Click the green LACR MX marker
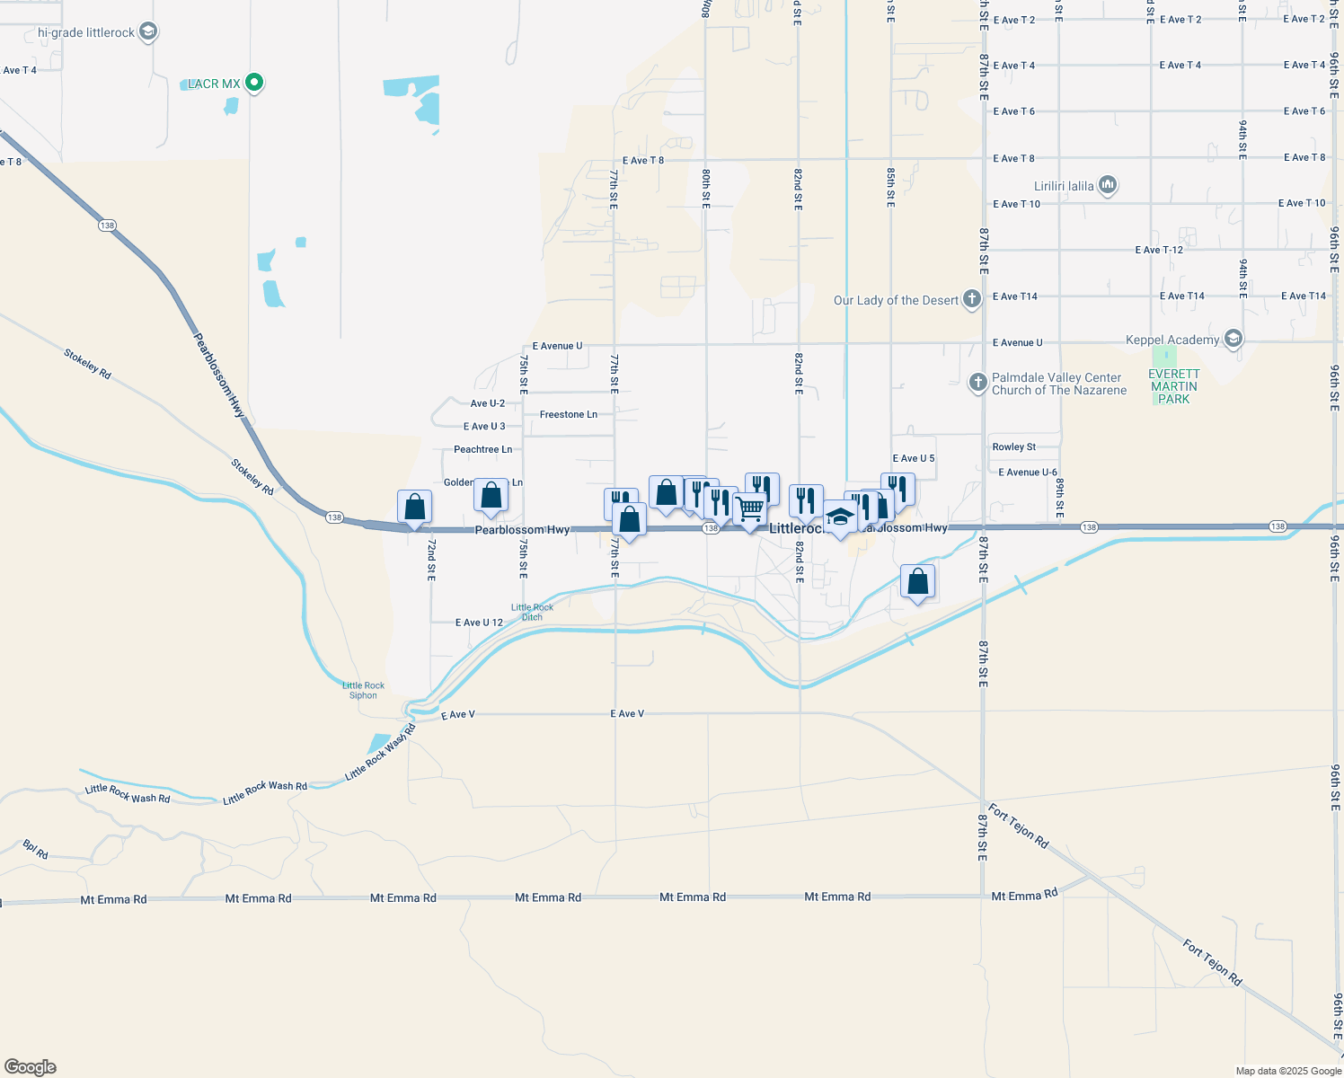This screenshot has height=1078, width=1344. (x=254, y=83)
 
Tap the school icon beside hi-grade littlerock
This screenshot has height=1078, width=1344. (x=148, y=32)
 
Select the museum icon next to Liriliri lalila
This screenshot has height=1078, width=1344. (x=1107, y=186)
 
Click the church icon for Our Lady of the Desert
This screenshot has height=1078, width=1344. (x=971, y=299)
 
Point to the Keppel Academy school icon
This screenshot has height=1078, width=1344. (x=1233, y=339)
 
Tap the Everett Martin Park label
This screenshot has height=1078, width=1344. (x=1173, y=386)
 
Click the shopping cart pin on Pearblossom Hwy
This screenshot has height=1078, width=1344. (x=749, y=509)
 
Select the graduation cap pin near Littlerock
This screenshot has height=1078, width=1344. (x=840, y=517)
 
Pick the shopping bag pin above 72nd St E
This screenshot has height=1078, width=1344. (x=414, y=508)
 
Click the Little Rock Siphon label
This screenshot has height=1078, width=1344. (x=363, y=690)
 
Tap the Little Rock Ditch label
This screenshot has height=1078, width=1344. (x=532, y=612)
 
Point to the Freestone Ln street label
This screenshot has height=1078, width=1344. (x=568, y=414)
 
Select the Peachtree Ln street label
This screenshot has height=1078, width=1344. (x=482, y=449)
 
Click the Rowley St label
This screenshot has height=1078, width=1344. (x=1013, y=446)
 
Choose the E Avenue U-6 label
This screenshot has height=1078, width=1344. (x=1027, y=472)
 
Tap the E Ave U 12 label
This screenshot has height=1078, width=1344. (x=479, y=623)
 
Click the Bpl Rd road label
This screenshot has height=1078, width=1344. (x=36, y=849)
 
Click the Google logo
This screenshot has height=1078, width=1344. (x=31, y=1067)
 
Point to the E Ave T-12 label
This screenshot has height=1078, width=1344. (x=1159, y=250)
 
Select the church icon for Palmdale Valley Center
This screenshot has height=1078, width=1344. (x=977, y=384)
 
